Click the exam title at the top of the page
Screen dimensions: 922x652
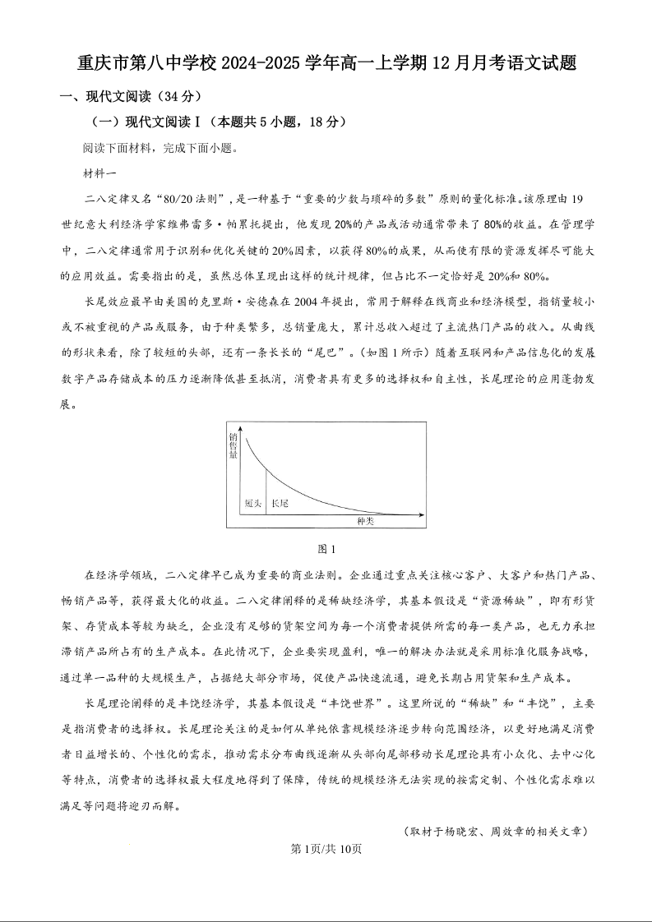326,64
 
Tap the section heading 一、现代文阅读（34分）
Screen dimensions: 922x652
131,96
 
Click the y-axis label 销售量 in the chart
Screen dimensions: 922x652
234,444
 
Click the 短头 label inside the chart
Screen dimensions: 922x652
253,503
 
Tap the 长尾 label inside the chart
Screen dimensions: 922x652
280,503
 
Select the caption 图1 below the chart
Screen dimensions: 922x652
326,549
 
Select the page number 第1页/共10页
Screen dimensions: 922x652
326,849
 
